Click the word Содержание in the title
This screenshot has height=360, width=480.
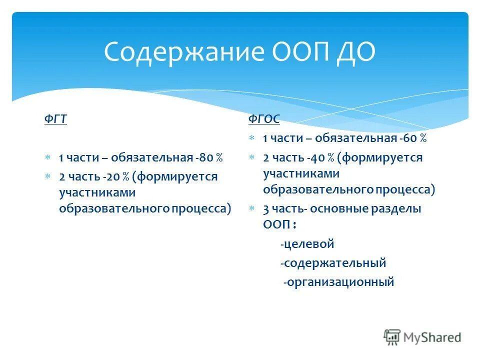point(177,52)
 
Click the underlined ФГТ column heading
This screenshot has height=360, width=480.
point(55,120)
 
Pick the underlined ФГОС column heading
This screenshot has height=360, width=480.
point(264,119)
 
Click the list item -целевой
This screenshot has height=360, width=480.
point(307,244)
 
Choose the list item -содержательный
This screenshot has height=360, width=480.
point(333,263)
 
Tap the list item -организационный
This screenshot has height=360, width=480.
point(338,282)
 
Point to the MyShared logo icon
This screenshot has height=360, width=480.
point(392,337)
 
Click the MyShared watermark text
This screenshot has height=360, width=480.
point(432,337)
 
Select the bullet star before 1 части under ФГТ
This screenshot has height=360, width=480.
point(48,158)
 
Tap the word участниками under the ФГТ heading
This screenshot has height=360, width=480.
point(97,192)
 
